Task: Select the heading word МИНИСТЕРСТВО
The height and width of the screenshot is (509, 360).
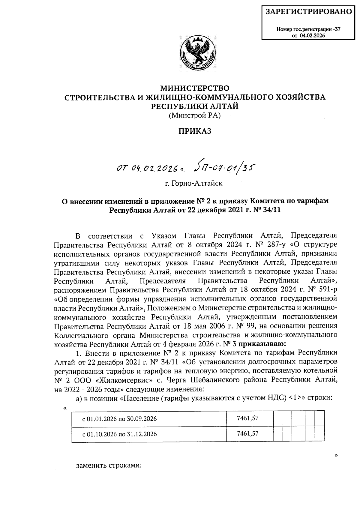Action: point(195,88)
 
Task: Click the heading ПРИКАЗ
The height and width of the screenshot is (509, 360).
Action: point(195,131)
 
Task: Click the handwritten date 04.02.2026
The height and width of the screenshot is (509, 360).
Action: point(152,170)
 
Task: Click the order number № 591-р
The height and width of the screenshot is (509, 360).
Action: point(322,290)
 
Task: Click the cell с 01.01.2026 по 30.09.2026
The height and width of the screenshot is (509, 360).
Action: point(120,419)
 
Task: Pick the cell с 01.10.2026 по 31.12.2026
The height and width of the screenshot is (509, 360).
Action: point(120,434)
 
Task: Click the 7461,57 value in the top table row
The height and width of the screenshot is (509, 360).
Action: point(247,418)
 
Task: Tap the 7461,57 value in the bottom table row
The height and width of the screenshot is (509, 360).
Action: point(247,433)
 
